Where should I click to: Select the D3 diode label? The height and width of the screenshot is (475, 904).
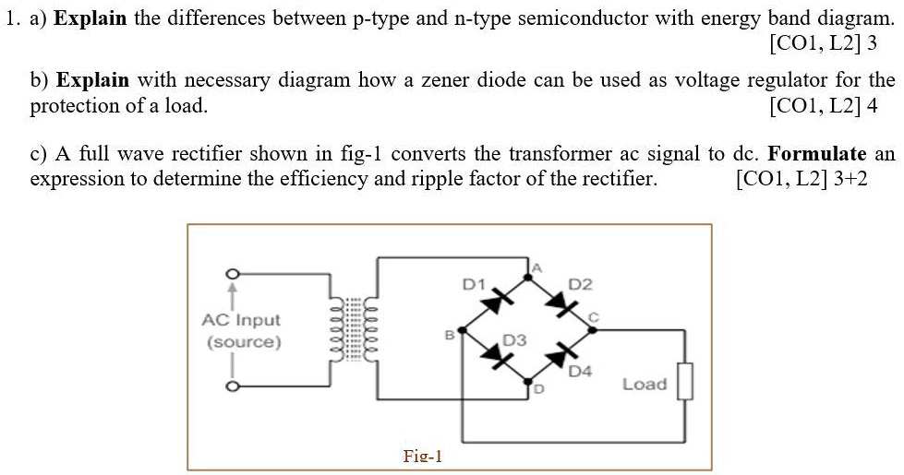pyautogui.click(x=514, y=340)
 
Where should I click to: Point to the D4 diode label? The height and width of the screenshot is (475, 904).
pyautogui.click(x=579, y=372)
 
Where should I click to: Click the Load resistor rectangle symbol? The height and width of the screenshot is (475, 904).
pyautogui.click(x=684, y=383)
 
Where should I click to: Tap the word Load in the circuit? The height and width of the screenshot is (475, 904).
pyautogui.click(x=644, y=384)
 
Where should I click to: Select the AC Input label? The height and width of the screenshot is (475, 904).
pyautogui.click(x=241, y=320)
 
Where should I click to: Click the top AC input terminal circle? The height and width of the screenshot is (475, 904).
pyautogui.click(x=235, y=274)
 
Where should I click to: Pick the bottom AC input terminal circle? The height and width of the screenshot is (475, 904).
pyautogui.click(x=235, y=388)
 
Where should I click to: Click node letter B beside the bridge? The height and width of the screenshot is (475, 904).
pyautogui.click(x=450, y=337)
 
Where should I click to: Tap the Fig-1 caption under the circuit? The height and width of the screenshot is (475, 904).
pyautogui.click(x=423, y=456)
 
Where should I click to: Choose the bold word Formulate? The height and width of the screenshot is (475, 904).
pyautogui.click(x=816, y=153)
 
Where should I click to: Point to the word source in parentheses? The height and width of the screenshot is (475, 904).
pyautogui.click(x=244, y=342)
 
